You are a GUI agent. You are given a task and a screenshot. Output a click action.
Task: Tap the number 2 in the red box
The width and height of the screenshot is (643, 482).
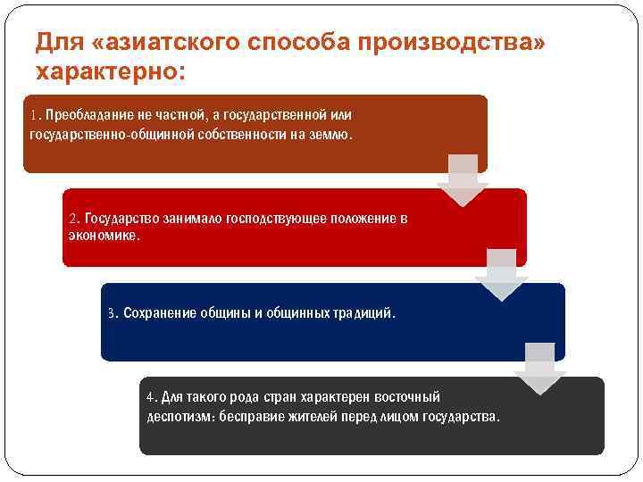pos(73,219)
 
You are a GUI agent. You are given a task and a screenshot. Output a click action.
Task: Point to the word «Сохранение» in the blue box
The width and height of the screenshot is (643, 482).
pos(157,314)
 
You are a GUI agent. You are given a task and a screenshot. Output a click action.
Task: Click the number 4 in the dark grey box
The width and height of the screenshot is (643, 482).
pos(151,397)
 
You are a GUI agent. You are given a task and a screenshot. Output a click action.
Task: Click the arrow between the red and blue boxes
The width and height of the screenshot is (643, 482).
pos(501,274)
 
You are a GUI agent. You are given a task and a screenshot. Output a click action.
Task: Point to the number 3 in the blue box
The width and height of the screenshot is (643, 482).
pos(112,314)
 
